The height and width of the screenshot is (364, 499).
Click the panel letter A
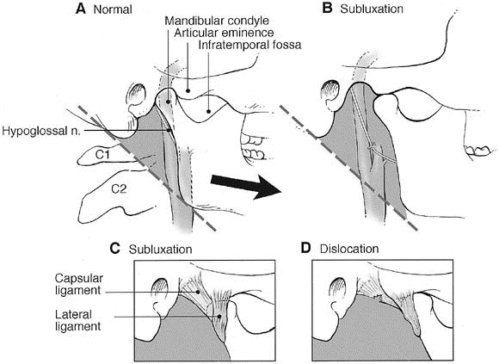[81, 9]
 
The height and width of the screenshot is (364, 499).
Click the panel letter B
[328, 9]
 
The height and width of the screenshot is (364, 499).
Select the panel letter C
[114, 248]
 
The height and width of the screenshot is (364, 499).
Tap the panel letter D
[305, 248]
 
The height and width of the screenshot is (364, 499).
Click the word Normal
[113, 9]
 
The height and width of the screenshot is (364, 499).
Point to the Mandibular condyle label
[217, 21]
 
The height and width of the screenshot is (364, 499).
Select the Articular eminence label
[224, 33]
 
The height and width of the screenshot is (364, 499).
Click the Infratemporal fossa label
[249, 45]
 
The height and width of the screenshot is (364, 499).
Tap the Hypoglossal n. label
[41, 131]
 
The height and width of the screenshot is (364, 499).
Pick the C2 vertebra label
[119, 189]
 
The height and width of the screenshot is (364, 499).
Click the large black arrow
[246, 186]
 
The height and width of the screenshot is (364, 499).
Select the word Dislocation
[349, 249]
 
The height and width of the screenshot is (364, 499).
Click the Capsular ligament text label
[78, 284]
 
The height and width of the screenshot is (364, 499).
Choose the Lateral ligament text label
[78, 320]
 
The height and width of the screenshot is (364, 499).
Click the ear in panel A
[137, 99]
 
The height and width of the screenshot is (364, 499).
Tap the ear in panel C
[162, 299]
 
